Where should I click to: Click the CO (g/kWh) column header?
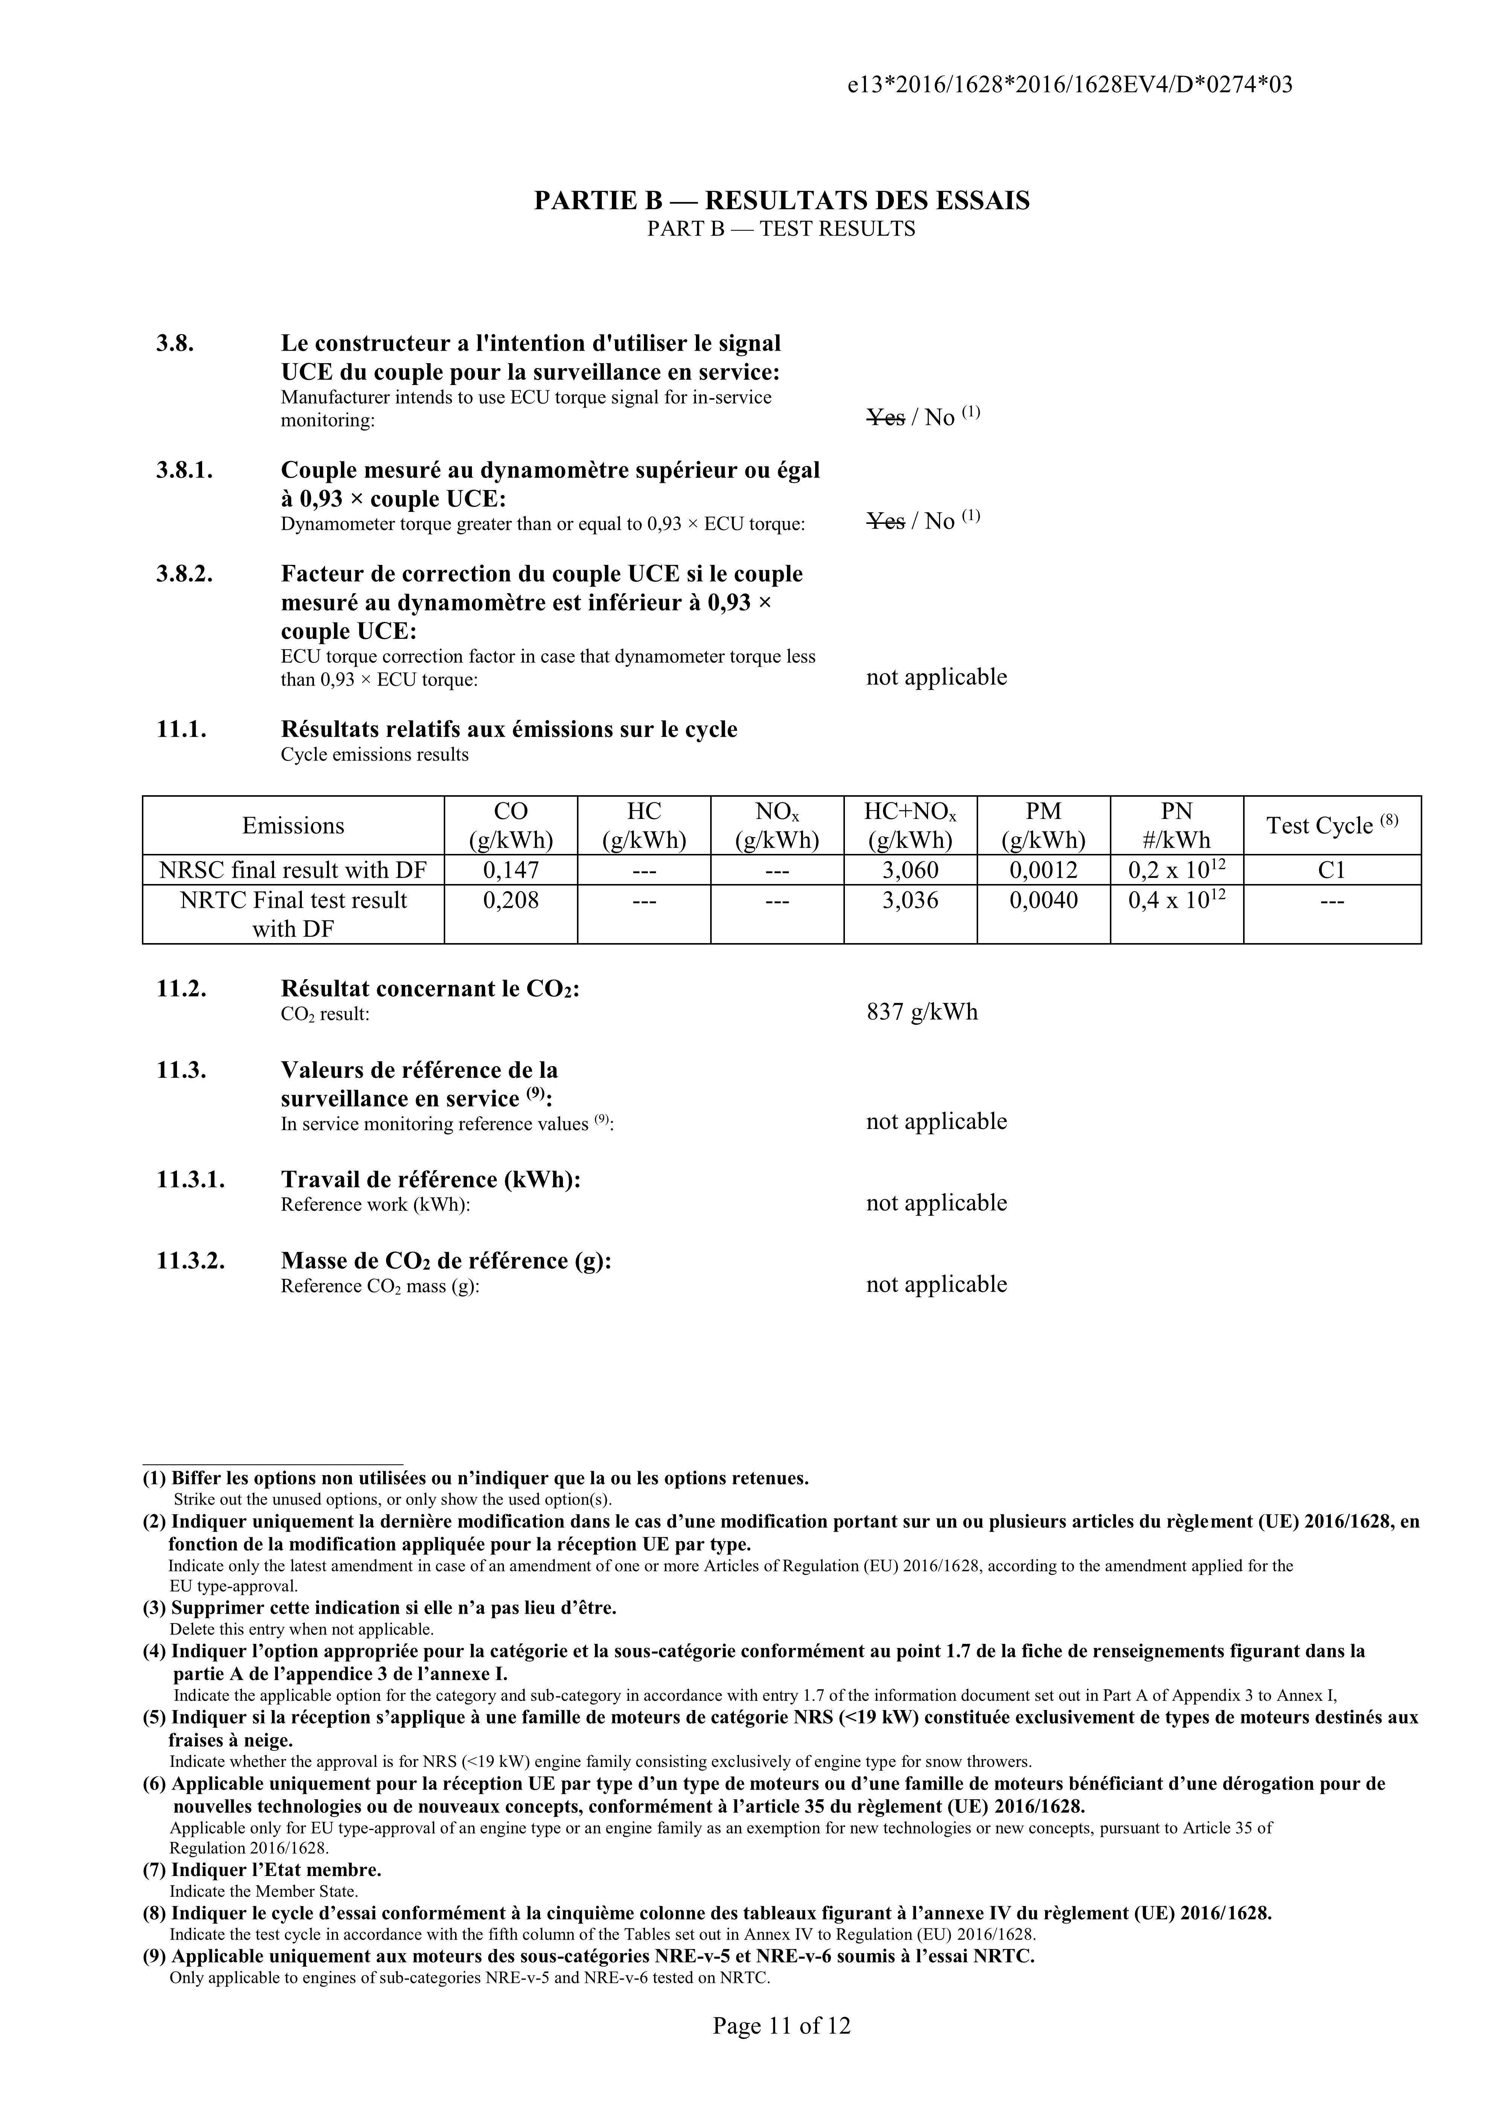(511, 825)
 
